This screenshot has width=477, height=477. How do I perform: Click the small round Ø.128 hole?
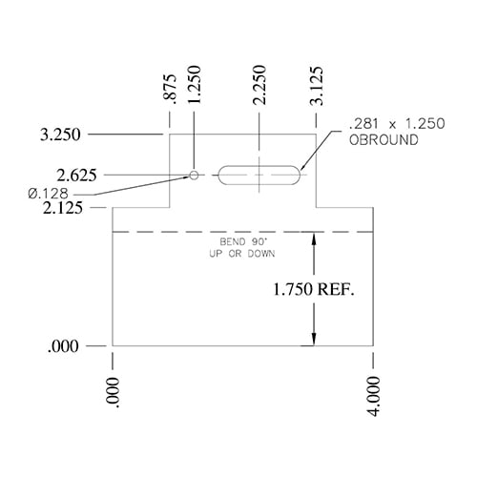click(x=195, y=176)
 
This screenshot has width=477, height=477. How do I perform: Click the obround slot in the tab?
click(x=259, y=176)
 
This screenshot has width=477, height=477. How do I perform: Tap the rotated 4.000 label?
click(x=373, y=394)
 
